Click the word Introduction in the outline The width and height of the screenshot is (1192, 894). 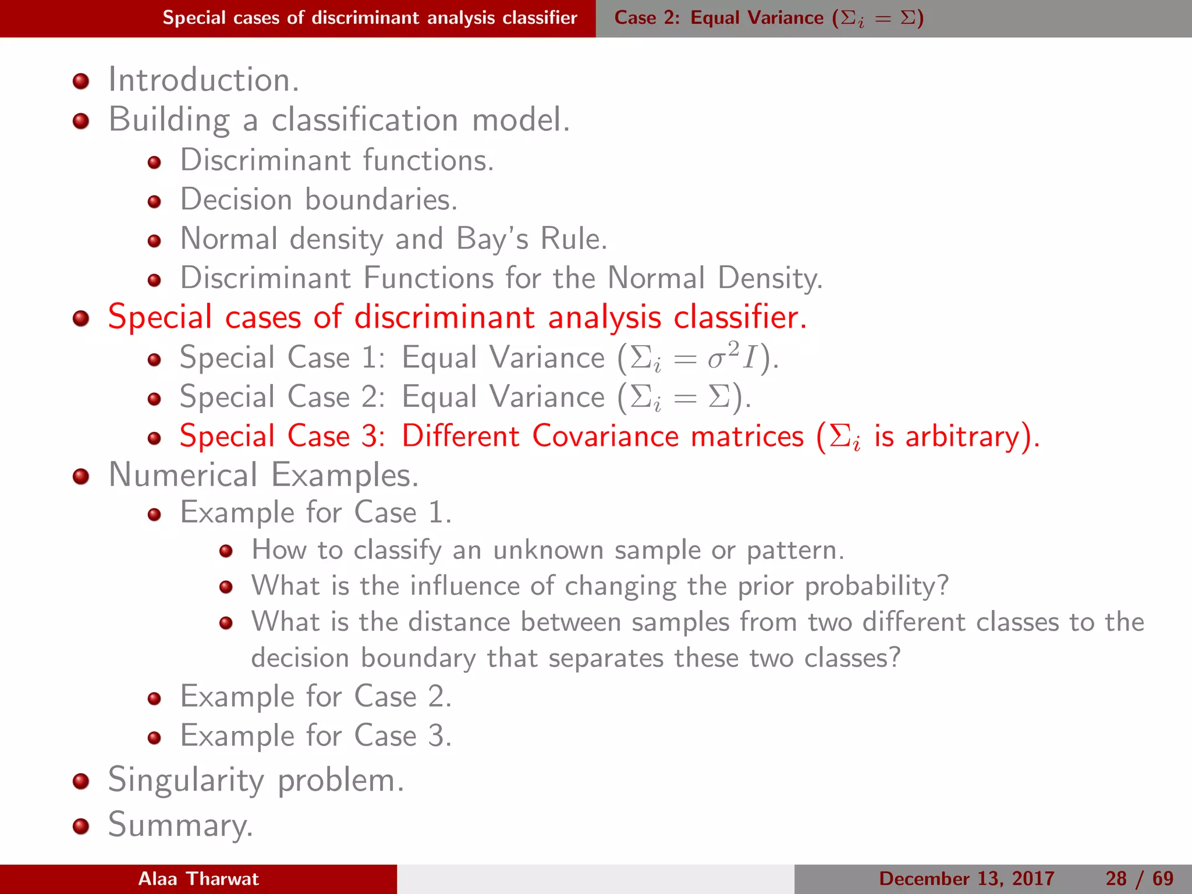(x=203, y=80)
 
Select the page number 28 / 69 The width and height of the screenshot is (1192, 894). (x=1139, y=878)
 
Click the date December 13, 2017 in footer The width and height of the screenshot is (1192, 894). (x=966, y=878)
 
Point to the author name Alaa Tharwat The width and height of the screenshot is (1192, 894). (x=198, y=878)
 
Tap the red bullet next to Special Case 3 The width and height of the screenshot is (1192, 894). (x=154, y=438)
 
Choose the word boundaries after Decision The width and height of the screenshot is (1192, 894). (x=381, y=200)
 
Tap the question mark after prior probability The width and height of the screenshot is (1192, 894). (x=942, y=586)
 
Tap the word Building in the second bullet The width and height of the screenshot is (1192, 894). (x=169, y=120)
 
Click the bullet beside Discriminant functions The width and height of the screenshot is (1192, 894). (x=154, y=162)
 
